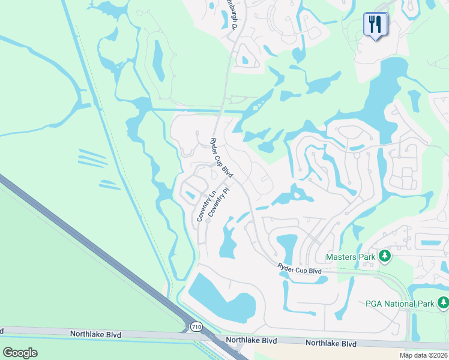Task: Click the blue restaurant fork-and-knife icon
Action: tap(376, 25)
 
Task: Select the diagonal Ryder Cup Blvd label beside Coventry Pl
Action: tap(221, 157)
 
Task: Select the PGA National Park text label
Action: tap(400, 304)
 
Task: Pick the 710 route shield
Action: tap(195, 327)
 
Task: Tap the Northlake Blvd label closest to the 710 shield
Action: tap(252, 340)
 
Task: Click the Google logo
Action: tap(20, 352)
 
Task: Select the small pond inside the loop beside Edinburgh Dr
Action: tap(245, 60)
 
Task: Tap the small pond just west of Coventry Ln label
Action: tap(190, 194)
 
